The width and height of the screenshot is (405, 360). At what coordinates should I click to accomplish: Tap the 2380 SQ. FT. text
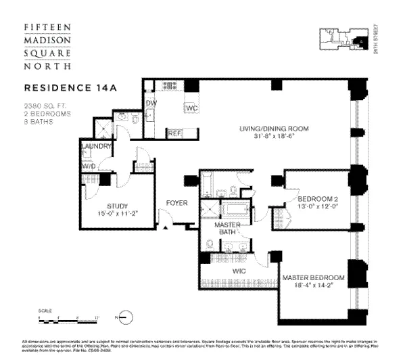[x=43, y=105]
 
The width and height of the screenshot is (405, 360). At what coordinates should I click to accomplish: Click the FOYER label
[x=177, y=203]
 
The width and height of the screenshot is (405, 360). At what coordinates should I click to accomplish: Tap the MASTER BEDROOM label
[x=314, y=278]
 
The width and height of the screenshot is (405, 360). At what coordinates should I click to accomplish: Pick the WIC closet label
[x=239, y=271]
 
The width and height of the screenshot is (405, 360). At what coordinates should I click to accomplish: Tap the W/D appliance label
[x=89, y=166]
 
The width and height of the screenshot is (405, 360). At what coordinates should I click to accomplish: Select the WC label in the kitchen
[x=191, y=108]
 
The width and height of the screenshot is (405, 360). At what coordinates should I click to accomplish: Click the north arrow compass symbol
[x=126, y=317]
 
